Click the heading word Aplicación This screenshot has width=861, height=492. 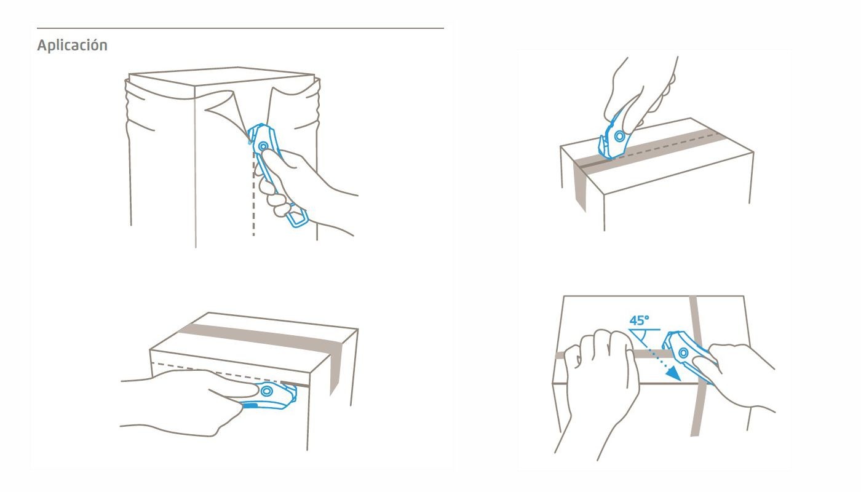point(73,46)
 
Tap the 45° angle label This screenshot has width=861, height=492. point(639,320)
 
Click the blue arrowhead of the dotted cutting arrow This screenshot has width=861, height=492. point(673,373)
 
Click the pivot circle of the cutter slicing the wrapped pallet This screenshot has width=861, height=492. point(263,146)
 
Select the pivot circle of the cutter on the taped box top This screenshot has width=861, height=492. point(620,136)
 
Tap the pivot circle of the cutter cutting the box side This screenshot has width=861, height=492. point(266,392)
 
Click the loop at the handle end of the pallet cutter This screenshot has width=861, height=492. point(297,216)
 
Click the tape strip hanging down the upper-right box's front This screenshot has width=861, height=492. point(579,187)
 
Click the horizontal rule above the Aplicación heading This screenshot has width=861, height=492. point(240,28)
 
